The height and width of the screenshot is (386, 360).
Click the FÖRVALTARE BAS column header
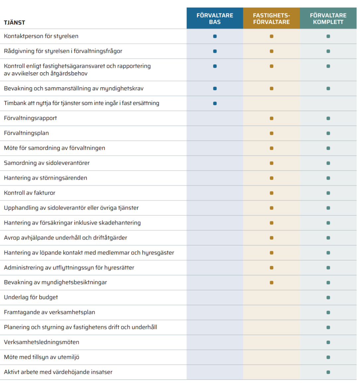215,19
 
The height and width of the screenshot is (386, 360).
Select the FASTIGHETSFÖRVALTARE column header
271,19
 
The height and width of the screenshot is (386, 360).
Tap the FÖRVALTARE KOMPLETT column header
328,19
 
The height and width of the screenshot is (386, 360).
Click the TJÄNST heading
15,23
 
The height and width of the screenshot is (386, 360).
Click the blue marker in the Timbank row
215,103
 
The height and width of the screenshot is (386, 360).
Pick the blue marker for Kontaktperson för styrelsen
215,37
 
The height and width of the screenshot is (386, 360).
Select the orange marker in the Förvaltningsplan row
271,134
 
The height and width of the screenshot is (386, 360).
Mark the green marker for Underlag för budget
328,298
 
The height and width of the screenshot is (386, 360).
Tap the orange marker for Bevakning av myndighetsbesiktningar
271,283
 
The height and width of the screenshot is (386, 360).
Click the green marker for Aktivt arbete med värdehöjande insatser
328,372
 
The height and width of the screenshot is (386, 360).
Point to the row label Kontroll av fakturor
30,193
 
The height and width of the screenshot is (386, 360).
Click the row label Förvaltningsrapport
30,118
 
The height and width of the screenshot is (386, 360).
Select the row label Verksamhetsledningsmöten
41,342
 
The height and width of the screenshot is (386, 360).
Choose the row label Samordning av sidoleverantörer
47,163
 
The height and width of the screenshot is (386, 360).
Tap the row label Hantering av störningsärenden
45,178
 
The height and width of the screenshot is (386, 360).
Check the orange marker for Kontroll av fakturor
271,193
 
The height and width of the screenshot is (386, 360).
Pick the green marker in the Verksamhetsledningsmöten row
328,342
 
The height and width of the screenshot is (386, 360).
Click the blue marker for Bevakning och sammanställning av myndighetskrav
215,89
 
